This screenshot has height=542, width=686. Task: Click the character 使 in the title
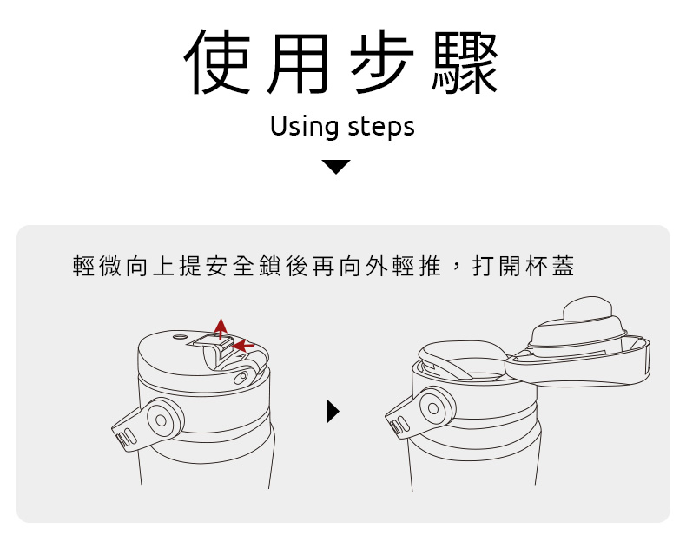(217, 63)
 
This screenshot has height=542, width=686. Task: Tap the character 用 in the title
(298, 63)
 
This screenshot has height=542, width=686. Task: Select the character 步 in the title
(382, 63)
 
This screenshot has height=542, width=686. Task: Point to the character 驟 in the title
(465, 63)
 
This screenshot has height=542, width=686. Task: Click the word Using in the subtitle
(305, 128)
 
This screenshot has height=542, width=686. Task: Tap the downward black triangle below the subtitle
(336, 167)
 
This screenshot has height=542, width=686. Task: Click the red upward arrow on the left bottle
(221, 328)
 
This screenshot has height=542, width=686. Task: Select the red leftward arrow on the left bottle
(243, 346)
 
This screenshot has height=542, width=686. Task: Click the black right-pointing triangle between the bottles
(333, 412)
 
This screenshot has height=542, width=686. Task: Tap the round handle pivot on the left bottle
(161, 420)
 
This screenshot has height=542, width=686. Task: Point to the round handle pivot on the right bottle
(433, 408)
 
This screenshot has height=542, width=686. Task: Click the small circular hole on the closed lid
(180, 337)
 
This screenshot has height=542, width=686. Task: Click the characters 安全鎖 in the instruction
(245, 266)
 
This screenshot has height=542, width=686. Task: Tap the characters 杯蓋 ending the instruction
(550, 266)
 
